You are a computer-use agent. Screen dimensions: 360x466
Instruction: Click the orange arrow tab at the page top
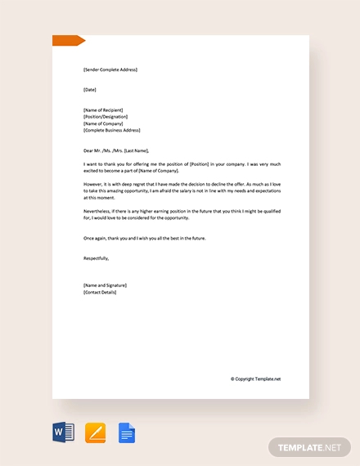pyautogui.click(x=68, y=41)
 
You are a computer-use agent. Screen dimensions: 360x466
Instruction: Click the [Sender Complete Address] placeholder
pyautogui.click(x=110, y=69)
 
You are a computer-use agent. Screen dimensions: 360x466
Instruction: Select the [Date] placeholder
pyautogui.click(x=90, y=89)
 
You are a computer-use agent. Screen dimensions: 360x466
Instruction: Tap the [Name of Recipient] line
pyautogui.click(x=104, y=110)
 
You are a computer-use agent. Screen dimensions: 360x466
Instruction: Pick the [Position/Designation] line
pyautogui.click(x=106, y=116)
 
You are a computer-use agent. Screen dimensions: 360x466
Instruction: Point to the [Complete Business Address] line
pyautogui.click(x=112, y=130)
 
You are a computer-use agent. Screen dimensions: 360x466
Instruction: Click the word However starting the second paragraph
pyautogui.click(x=92, y=185)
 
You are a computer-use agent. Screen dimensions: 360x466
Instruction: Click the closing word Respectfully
pyautogui.click(x=96, y=258)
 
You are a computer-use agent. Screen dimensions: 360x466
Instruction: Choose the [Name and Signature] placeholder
pyautogui.click(x=105, y=285)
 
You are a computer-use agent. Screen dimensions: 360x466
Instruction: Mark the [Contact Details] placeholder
pyautogui.click(x=100, y=292)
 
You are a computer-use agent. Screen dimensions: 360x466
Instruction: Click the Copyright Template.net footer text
pyautogui.click(x=255, y=379)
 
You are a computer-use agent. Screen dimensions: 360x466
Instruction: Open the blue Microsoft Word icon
pyautogui.click(x=63, y=432)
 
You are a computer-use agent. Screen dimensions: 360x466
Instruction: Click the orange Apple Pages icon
pyautogui.click(x=95, y=432)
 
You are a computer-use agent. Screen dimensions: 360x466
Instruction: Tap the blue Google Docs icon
pyautogui.click(x=126, y=432)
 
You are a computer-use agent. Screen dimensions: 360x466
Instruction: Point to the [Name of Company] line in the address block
pyautogui.click(x=104, y=123)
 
